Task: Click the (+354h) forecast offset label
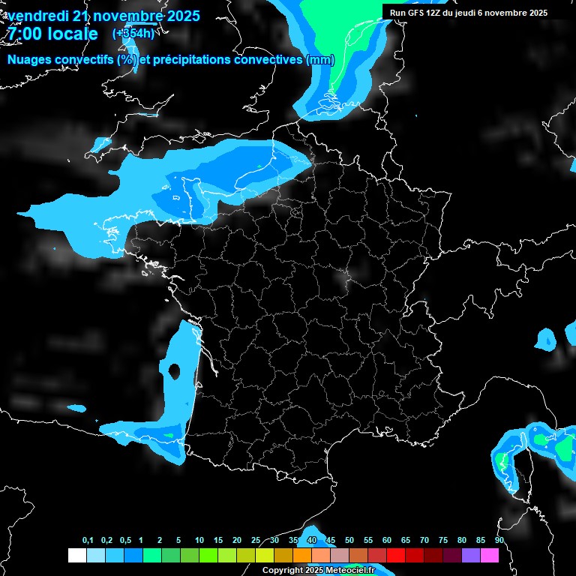[x=135, y=33]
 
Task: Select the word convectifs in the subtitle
[x=86, y=60]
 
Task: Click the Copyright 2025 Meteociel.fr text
[x=318, y=570]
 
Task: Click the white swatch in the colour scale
[x=76, y=555]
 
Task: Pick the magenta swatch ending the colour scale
[x=490, y=555]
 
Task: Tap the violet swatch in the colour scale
[x=471, y=555]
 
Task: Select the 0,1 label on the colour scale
[x=88, y=541]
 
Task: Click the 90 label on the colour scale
[x=499, y=541]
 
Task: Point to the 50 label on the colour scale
[x=349, y=541]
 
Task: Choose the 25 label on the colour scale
[x=256, y=541]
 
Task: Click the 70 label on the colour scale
[x=424, y=541]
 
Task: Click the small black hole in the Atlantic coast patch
[x=174, y=370]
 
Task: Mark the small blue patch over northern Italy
[x=547, y=339]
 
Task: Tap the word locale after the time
[x=71, y=34]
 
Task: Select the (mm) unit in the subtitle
[x=320, y=60]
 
